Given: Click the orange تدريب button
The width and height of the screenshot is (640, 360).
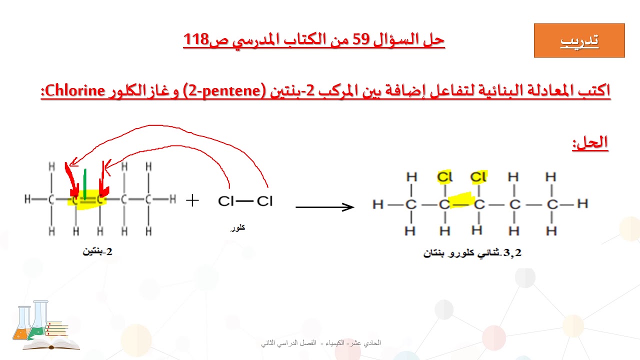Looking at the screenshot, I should point(579,40).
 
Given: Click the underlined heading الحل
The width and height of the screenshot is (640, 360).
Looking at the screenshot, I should point(590,143).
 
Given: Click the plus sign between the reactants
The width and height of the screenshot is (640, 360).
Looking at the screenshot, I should point(192,200).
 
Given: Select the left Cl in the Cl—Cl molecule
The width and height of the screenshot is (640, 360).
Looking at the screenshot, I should point(226,201).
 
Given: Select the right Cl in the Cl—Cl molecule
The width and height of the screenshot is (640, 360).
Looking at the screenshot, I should point(264,201).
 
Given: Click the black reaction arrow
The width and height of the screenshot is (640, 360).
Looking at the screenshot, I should point(324,206).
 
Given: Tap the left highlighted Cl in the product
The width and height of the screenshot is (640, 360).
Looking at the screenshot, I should point(444,177).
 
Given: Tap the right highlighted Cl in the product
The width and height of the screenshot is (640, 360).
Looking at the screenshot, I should point(478,177).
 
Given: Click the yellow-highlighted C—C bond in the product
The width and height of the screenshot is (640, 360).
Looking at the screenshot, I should point(461,200).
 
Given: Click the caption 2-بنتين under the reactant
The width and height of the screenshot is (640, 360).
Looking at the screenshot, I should point(98,251).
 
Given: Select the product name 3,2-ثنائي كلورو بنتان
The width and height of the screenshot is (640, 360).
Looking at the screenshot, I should point(472,253).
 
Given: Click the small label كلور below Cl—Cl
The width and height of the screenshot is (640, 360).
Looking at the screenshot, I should point(237,228).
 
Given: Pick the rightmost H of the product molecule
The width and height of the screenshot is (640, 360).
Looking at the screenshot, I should point(582,204).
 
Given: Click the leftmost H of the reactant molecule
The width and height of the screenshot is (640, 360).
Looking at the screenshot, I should point(27,199).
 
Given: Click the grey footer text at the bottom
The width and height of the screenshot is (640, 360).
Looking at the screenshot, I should point(320,343).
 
